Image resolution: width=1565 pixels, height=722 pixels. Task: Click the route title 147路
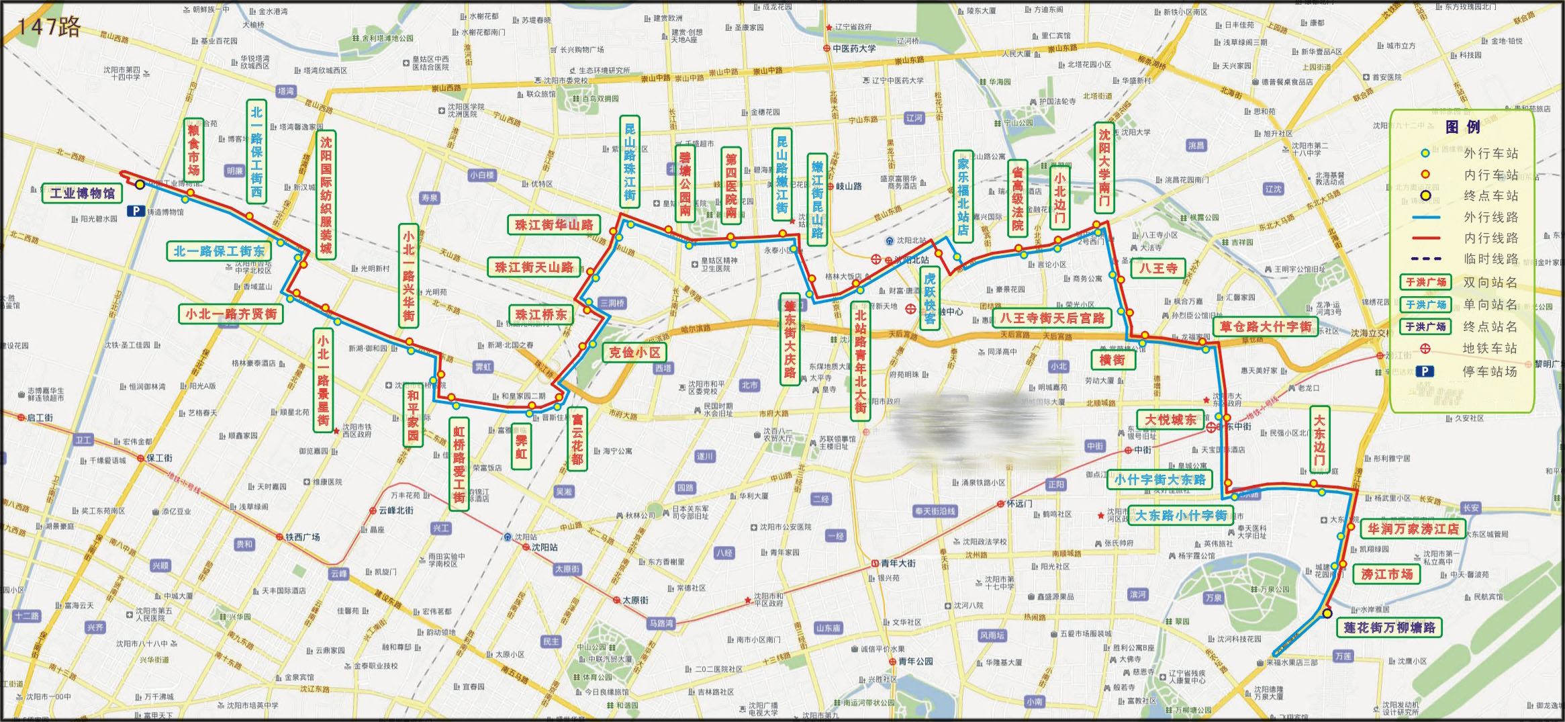49,27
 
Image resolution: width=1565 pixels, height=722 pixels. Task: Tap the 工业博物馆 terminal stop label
82,193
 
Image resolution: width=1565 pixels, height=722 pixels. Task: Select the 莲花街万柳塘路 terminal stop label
1388,627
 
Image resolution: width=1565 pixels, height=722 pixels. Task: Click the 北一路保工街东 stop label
219,251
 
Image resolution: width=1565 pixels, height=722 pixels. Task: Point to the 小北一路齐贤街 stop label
230,314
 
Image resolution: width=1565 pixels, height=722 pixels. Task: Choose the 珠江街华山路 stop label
554,225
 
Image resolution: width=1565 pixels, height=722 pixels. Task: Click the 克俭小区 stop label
634,353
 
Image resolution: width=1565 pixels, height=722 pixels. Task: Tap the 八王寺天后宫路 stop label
1051,318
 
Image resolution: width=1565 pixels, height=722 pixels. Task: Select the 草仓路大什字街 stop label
1265,327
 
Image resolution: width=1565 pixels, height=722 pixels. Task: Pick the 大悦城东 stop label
1170,420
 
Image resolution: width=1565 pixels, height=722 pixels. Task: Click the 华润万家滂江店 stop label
1413,529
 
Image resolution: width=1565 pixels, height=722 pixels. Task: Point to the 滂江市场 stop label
1386,574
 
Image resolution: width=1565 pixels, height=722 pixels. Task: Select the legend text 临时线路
1490,259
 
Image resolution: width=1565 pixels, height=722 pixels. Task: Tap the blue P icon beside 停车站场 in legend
1424,371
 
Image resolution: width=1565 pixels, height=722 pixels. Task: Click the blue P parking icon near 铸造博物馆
136,211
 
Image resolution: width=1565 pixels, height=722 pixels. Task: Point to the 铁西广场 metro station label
302,537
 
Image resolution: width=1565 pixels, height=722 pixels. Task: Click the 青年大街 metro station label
898,563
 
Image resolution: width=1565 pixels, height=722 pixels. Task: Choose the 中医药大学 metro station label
853,48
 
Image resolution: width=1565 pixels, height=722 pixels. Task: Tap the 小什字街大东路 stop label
1159,480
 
